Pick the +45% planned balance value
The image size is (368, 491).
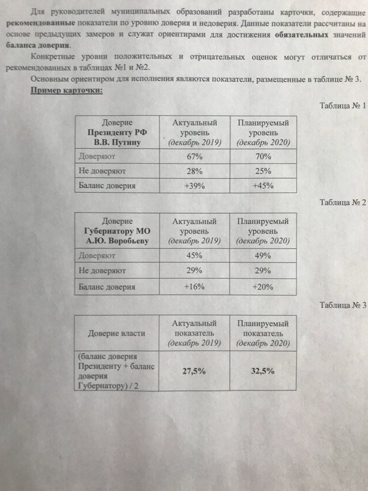pos(263,186)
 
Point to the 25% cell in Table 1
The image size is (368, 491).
pos(263,171)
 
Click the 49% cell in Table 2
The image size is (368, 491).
pos(263,255)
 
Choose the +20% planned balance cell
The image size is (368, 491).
pos(263,286)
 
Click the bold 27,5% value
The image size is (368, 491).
pos(194,371)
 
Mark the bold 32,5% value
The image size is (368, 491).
pos(263,371)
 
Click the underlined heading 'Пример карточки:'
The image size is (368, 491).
pos(67,91)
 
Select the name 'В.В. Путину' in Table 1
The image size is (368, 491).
pos(117,142)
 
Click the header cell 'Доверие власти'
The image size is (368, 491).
pos(116,333)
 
